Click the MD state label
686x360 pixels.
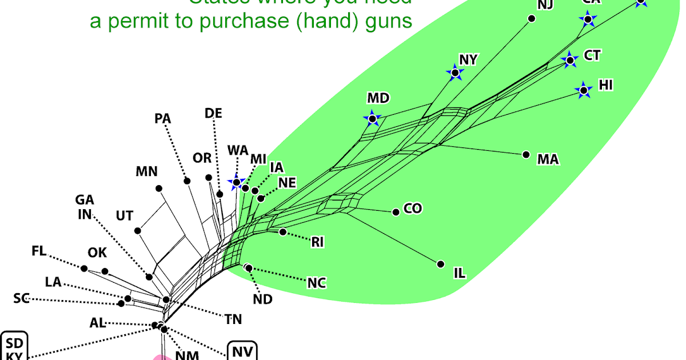[x=378, y=98]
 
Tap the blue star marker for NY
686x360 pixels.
[x=455, y=73]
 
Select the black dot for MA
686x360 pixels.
[x=526, y=154]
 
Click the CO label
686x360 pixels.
[x=413, y=209]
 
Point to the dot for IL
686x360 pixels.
[x=441, y=264]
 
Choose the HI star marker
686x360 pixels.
[x=584, y=90]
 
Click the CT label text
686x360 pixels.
[x=592, y=55]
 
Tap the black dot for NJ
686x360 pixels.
[x=531, y=19]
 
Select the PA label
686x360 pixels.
[x=163, y=119]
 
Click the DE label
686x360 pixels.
[x=213, y=113]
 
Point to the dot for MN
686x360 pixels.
[x=159, y=188]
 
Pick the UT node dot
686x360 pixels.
[x=138, y=231]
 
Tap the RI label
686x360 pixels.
[x=317, y=242]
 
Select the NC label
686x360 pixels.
[x=316, y=283]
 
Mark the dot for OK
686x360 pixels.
[x=105, y=271]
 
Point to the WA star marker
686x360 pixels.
[x=236, y=182]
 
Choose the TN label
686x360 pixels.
[x=233, y=319]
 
